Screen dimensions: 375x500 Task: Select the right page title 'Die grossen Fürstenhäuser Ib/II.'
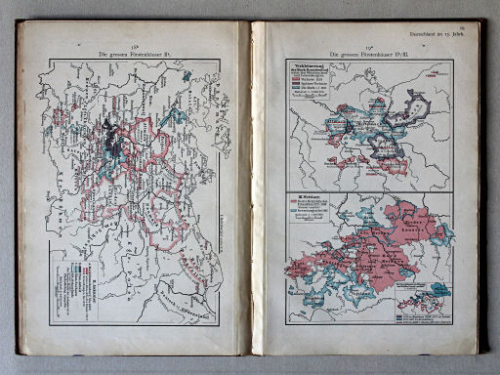pos(367,52)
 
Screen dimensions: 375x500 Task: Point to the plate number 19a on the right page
pos(367,44)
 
